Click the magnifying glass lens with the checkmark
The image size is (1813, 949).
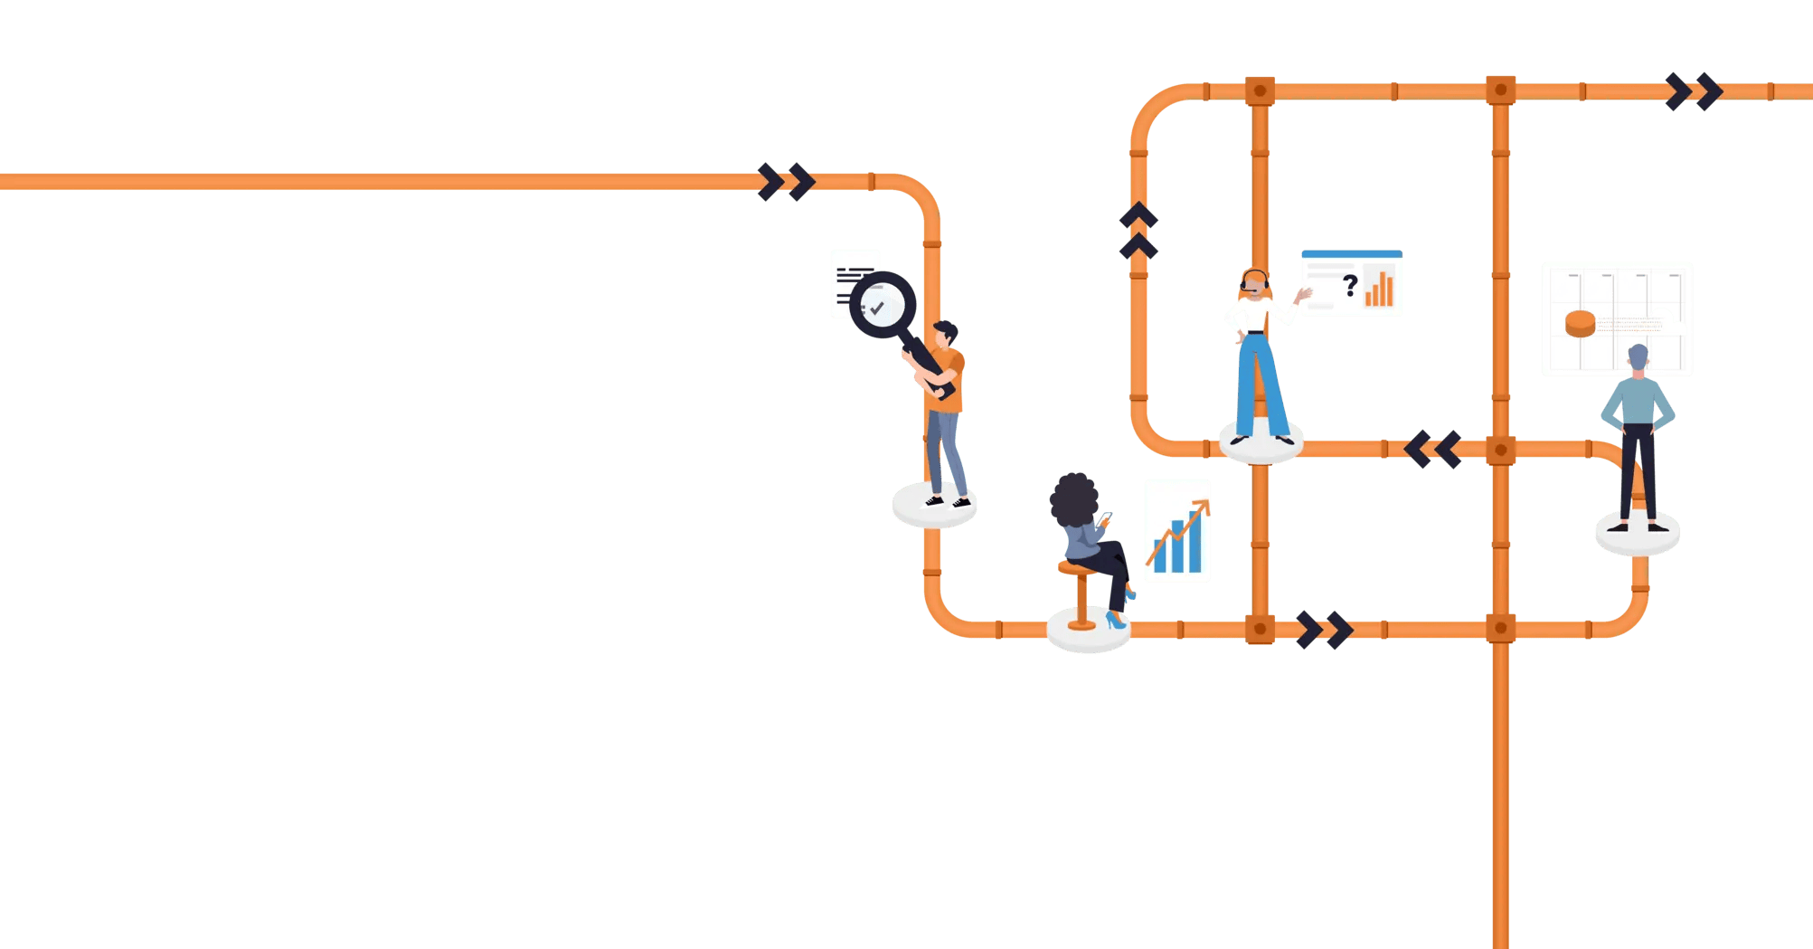882,305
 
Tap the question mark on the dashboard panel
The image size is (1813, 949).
1350,286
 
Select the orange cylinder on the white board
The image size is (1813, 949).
1580,323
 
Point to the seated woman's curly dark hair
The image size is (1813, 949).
1073,498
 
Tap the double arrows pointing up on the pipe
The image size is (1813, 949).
1138,231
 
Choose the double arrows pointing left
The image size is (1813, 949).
1433,449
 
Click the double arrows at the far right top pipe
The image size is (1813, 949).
1694,91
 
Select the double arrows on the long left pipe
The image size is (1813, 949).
786,182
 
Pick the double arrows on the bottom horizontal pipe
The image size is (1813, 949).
1324,630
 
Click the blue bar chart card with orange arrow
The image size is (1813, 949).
1177,531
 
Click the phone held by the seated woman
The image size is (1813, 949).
1105,517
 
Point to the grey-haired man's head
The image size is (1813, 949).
1638,358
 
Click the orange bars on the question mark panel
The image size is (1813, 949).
1378,289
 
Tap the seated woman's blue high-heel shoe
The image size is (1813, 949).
1115,621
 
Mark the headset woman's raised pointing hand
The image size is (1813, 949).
1303,294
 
